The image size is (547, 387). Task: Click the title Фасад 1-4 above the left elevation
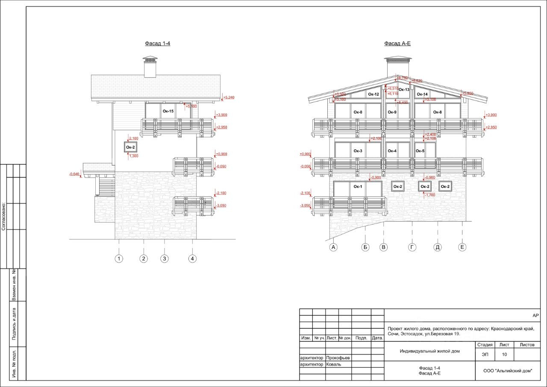158,43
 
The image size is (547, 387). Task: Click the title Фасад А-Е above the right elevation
397,43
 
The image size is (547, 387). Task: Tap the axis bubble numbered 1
119,258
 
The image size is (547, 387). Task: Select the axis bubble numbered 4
193,258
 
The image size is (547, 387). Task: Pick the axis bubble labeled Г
412,247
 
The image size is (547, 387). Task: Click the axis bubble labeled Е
462,247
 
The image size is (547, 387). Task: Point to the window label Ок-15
168,111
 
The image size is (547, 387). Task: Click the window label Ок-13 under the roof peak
404,89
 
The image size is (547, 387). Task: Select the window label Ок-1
358,186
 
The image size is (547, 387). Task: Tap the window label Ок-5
420,151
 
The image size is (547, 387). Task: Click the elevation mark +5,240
229,97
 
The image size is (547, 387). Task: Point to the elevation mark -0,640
74,174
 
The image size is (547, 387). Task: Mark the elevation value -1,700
430,195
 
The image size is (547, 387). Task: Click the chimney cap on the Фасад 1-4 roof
150,59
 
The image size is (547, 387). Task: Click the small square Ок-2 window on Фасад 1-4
130,148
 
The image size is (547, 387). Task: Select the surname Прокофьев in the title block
338,357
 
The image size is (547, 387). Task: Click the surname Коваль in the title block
333,364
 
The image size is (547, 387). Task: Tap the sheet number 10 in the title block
505,354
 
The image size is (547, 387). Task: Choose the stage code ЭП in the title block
485,354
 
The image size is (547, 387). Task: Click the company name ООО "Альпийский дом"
508,371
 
